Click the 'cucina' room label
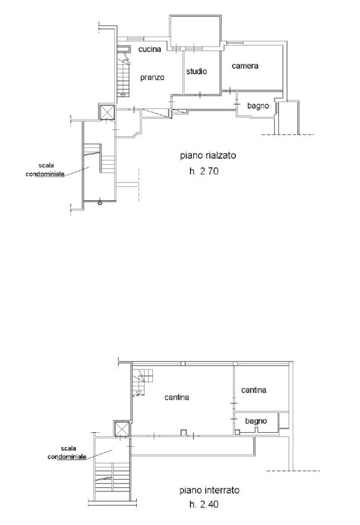(150, 50)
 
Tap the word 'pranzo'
(152, 77)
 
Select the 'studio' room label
(197, 71)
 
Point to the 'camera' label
(245, 66)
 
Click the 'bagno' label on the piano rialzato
(258, 106)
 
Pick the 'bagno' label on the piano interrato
(256, 421)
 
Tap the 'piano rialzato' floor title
(208, 155)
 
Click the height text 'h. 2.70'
(204, 171)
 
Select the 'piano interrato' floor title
(210, 490)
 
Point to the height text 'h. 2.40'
(204, 504)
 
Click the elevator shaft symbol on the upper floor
(107, 112)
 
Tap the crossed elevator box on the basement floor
(121, 429)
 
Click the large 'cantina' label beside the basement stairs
(177, 397)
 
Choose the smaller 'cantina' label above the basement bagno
(254, 390)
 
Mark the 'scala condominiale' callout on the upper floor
(45, 170)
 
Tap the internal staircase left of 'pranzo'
(123, 72)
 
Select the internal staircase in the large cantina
(143, 382)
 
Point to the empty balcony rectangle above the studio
(195, 31)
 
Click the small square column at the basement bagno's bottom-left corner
(237, 432)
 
